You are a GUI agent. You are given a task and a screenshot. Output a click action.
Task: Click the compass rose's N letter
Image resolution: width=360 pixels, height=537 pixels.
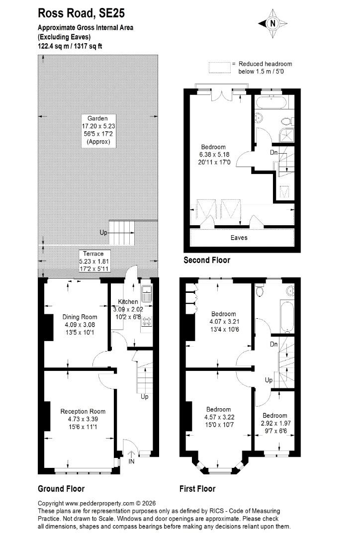tap(272, 24)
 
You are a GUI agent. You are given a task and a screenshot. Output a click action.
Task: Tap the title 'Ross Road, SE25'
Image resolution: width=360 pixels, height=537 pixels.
tap(81, 13)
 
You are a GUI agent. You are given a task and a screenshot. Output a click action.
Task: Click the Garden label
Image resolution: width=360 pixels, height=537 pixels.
tap(97, 118)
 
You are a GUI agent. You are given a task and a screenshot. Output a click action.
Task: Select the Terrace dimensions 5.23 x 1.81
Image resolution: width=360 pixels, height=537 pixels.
tap(93, 262)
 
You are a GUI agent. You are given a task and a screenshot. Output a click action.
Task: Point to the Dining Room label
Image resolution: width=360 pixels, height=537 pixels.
tap(80, 317)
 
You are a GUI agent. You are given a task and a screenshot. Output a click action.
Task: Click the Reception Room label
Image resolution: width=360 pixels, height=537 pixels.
tap(83, 412)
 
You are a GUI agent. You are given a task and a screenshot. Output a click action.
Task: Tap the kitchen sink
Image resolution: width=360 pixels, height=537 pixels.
tap(147, 293)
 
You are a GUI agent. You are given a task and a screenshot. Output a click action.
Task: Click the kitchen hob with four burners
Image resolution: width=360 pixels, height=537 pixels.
tap(147, 321)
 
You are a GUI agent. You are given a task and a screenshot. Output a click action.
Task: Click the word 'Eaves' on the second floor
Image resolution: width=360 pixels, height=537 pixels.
tap(239, 238)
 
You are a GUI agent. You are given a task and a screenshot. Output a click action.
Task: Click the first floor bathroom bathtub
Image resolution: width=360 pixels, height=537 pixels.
tap(287, 317)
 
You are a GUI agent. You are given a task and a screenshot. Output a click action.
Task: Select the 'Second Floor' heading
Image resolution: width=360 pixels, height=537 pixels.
tap(207, 260)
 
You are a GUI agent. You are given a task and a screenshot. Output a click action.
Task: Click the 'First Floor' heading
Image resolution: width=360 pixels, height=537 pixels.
tap(197, 489)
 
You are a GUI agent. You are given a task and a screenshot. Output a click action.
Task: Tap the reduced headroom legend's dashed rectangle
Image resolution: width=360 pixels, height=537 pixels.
tap(220, 68)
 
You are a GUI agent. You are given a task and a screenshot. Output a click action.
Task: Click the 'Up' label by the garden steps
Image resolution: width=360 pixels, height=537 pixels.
tap(103, 233)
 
